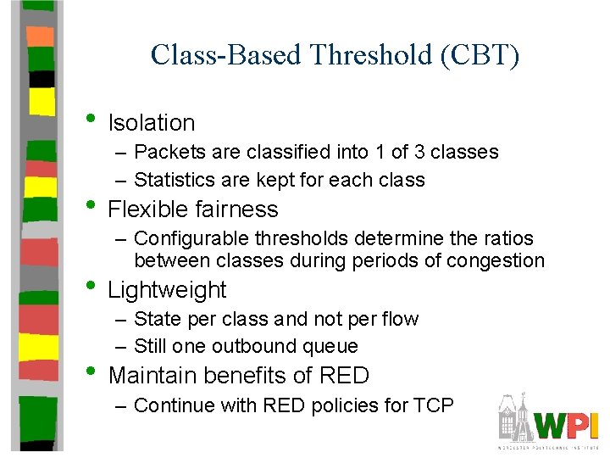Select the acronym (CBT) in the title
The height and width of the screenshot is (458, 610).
point(481,55)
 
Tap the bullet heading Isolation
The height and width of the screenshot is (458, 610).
point(152,123)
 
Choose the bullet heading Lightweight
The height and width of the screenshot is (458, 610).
point(167,290)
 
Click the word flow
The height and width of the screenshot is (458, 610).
point(401,319)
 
